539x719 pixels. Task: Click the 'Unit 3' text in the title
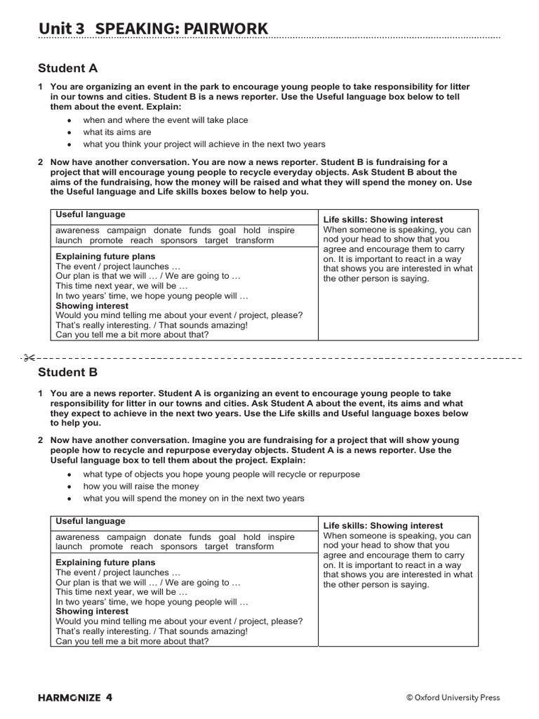(61, 28)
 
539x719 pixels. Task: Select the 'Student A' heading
(67, 68)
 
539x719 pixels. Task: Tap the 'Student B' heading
(67, 372)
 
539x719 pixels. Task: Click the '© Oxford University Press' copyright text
(453, 697)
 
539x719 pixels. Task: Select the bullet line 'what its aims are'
(117, 132)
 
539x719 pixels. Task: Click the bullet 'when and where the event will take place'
(166, 120)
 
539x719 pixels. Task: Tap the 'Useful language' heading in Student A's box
(91, 215)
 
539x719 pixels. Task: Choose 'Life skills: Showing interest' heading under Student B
(383, 525)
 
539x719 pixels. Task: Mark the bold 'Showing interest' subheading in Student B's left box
(92, 612)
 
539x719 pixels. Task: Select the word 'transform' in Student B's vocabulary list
(255, 546)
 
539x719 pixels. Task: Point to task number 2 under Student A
(41, 162)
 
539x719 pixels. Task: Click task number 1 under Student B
(41, 393)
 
